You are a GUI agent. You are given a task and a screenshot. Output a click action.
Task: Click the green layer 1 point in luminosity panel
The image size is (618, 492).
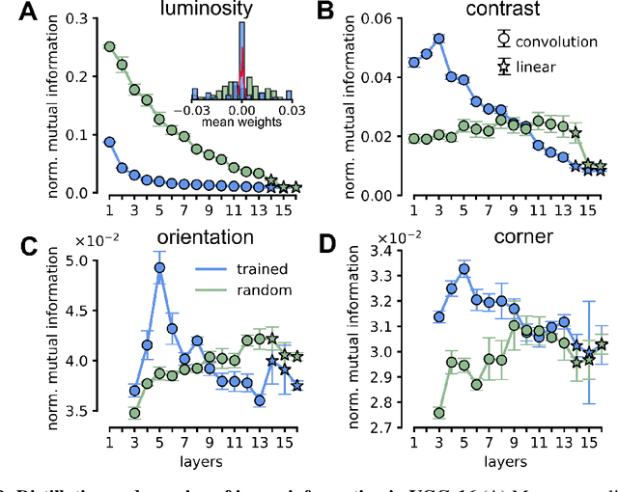[x=109, y=46]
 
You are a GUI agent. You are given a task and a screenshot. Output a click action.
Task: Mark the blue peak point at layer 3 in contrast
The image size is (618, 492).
[x=437, y=39]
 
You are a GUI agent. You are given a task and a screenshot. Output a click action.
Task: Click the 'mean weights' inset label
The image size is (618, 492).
[x=240, y=123]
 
